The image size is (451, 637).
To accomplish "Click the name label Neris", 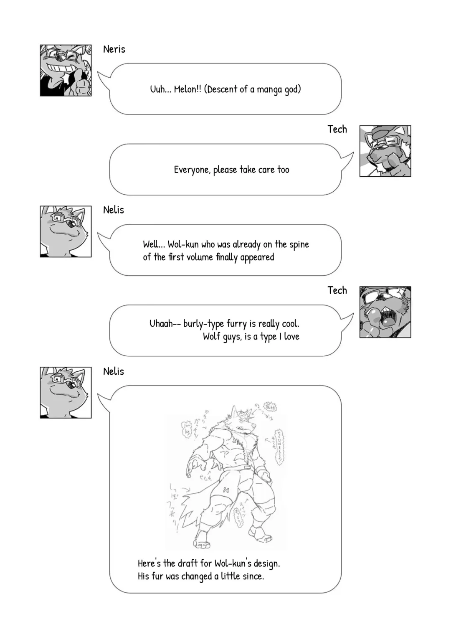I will (x=114, y=49).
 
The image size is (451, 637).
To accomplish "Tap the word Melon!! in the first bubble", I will (x=187, y=89).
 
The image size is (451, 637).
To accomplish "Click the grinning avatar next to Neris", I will (x=66, y=71).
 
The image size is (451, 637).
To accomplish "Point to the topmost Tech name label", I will (x=337, y=129).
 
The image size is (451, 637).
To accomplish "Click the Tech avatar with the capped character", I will (x=385, y=151).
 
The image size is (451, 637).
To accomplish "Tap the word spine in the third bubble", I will (x=299, y=245).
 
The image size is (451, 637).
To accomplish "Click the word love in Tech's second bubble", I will (x=291, y=337).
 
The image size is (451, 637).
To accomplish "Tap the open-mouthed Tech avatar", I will (x=385, y=312).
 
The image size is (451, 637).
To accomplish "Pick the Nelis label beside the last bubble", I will (x=114, y=371).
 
